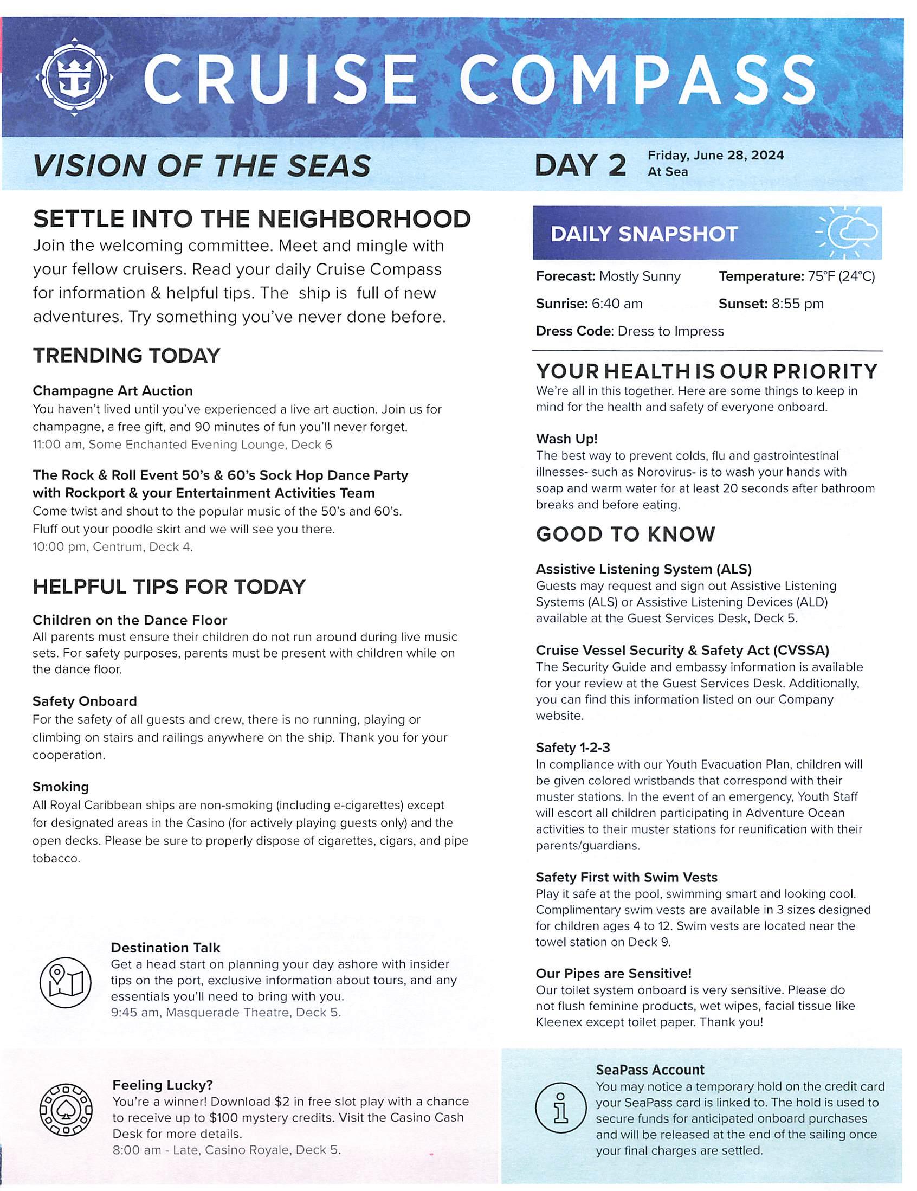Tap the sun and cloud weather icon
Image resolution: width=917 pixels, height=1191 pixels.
pyautogui.click(x=848, y=233)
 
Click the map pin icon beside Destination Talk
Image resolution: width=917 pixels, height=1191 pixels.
pyautogui.click(x=66, y=983)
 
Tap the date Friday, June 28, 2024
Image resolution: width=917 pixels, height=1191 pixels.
pyautogui.click(x=715, y=156)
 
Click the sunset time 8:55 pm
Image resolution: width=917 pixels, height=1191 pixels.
pyautogui.click(x=797, y=304)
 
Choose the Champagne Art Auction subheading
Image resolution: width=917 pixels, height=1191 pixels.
pyautogui.click(x=113, y=390)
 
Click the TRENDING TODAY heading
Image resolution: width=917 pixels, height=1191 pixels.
pyautogui.click(x=126, y=356)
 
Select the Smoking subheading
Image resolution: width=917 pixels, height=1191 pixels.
pyautogui.click(x=60, y=787)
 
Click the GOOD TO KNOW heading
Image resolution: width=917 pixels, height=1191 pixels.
pyautogui.click(x=625, y=534)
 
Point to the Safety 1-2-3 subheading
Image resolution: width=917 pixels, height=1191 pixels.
pyautogui.click(x=572, y=747)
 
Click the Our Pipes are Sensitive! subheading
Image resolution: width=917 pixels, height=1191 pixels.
pyautogui.click(x=614, y=974)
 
